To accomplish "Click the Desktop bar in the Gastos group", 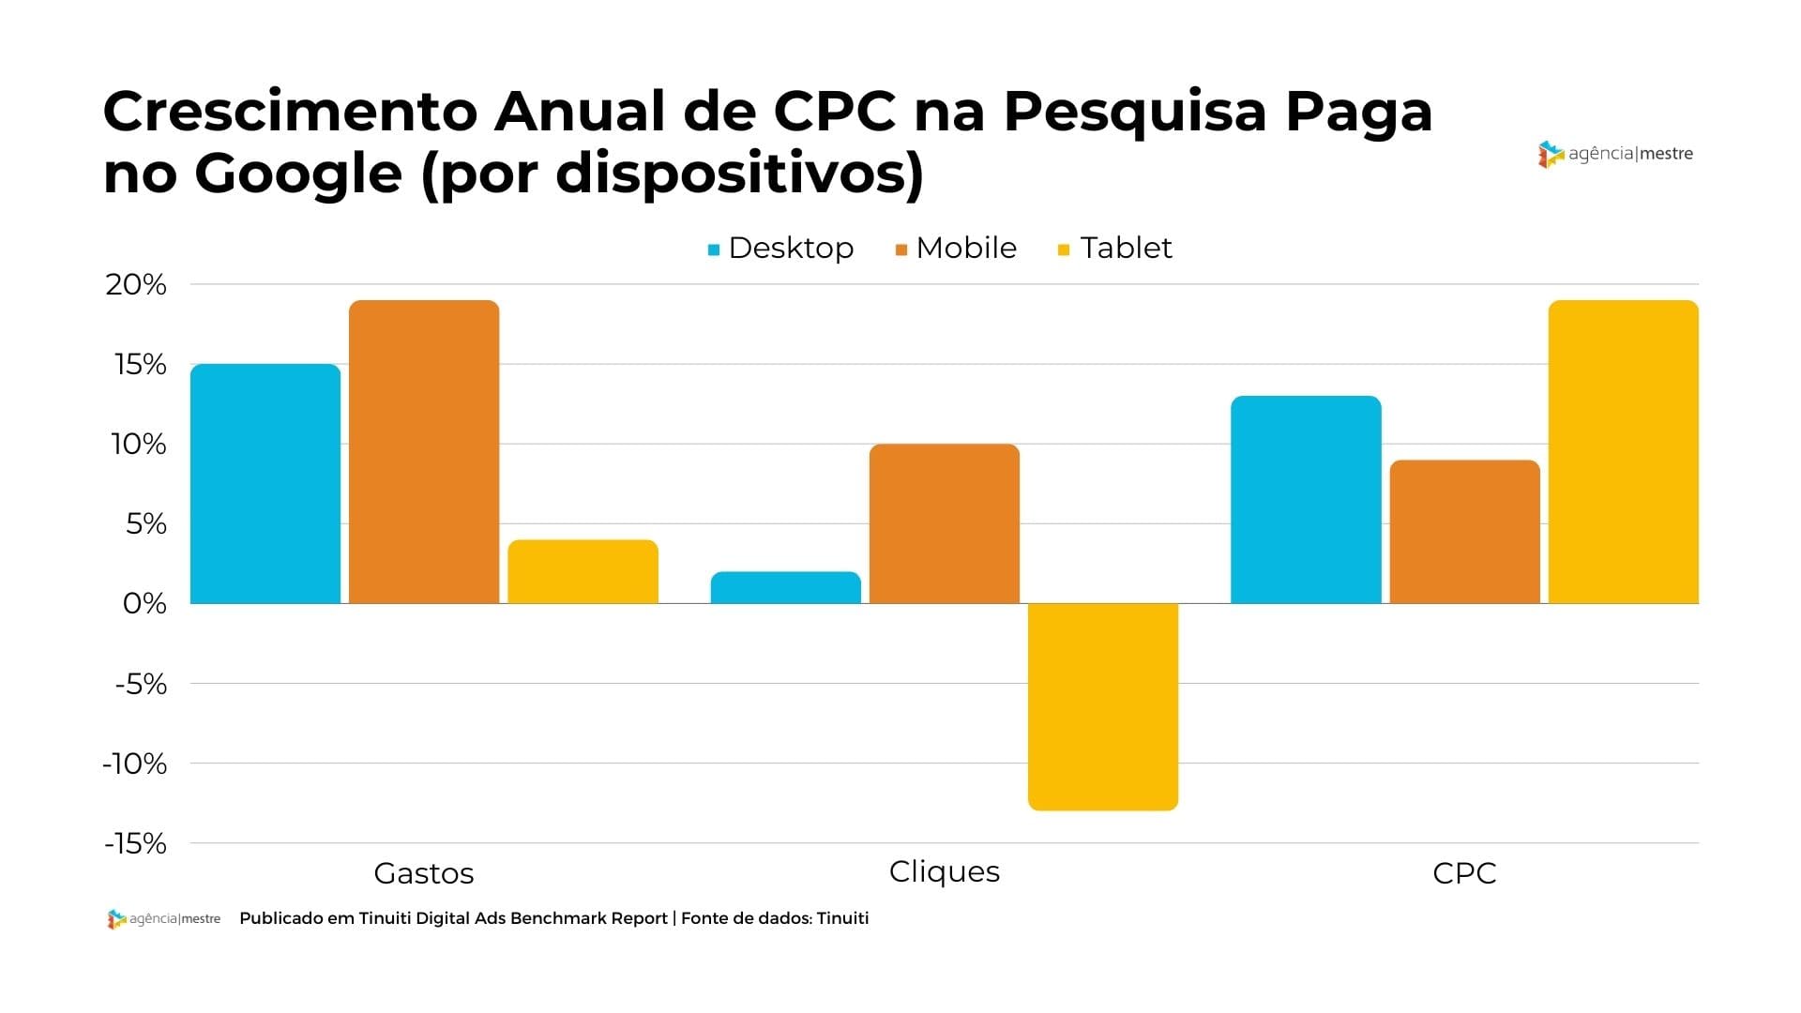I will pos(265,483).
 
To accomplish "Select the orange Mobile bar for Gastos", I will pos(424,451).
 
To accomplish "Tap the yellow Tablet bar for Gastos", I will pos(583,571).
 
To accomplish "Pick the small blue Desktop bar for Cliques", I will pos(786,587).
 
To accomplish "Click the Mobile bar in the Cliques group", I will pos(945,523).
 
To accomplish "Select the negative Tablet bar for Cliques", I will pos(1103,706).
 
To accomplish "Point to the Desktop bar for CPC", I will pos(1306,499).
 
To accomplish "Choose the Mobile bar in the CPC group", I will pos(1464,531).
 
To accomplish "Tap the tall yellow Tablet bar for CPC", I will pos(1623,451).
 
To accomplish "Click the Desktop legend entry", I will pos(781,248).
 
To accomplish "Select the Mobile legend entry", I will pos(957,248).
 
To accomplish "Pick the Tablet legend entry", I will pos(1115,248).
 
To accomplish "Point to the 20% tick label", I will pos(136,284).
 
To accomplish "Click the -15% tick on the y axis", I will pos(136,843).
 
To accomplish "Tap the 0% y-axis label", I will pos(144,603).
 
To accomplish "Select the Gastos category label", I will pos(424,873).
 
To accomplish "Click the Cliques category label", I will pos(945,871).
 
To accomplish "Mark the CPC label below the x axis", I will pos(1464,873).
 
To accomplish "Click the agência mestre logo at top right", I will pos(1615,154).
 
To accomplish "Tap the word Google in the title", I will pos(298,174).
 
